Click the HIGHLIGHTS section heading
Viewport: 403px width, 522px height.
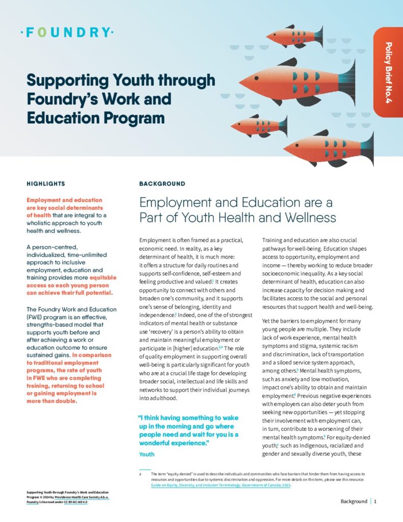[45, 184]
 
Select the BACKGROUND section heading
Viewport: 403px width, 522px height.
[162, 184]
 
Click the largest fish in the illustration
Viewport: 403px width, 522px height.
[295, 81]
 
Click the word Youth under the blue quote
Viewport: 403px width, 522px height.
[147, 454]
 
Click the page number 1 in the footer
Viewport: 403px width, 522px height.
[375, 501]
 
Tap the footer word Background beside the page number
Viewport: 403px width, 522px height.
[353, 501]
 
